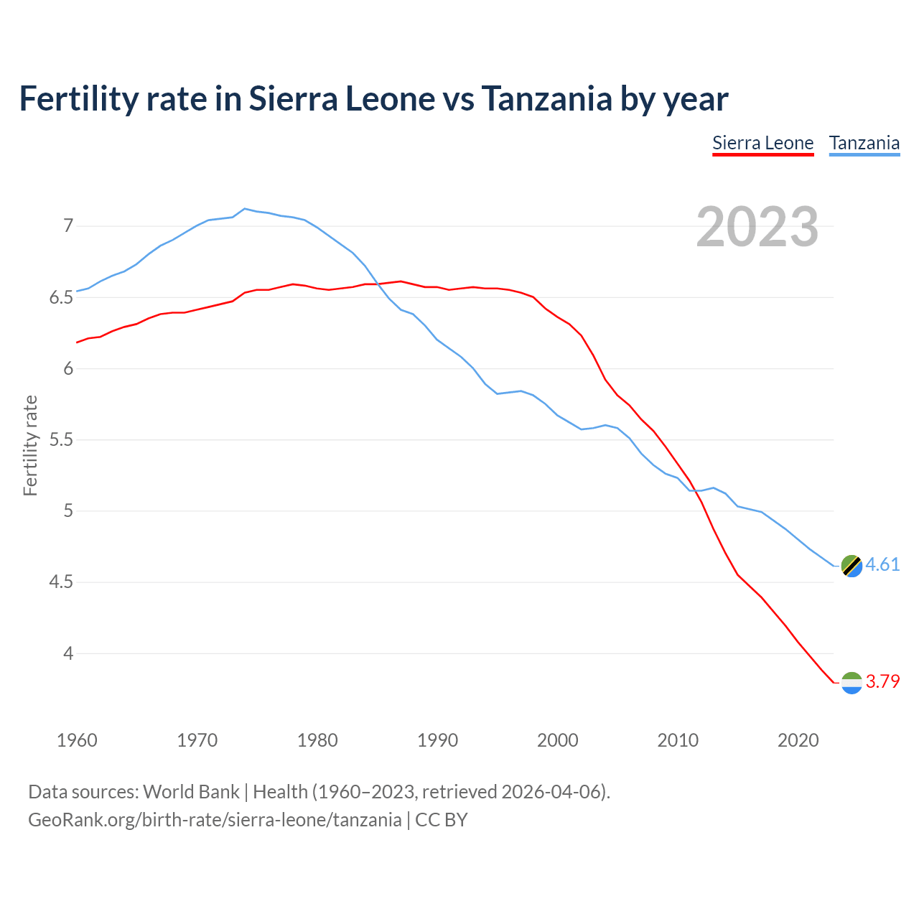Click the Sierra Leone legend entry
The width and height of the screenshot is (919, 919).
point(762,143)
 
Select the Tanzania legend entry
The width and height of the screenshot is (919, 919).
point(864,143)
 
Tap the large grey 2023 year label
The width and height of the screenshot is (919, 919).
point(757,227)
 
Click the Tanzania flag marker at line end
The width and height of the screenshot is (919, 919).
point(852,566)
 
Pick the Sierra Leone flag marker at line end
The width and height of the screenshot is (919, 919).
point(852,683)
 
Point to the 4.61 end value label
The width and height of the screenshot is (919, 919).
point(882,565)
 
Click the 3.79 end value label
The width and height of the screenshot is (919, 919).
point(882,681)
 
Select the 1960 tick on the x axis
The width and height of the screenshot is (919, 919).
point(77,740)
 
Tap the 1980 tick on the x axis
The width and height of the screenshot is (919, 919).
point(317,740)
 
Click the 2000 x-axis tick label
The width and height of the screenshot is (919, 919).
point(558,740)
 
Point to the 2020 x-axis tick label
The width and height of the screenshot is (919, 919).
point(798,740)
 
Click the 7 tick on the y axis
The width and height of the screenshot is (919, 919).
point(68,226)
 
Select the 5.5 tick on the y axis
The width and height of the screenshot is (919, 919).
point(61,440)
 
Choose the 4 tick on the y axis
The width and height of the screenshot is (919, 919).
point(68,653)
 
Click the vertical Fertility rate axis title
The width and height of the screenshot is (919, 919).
point(30,445)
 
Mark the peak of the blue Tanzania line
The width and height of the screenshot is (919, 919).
point(245,209)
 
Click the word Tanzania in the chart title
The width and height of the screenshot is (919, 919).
point(546,98)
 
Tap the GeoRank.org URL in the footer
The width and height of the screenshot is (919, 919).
point(215,820)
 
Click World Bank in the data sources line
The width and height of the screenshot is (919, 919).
point(191,792)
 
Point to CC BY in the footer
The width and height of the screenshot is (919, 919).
point(442,820)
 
